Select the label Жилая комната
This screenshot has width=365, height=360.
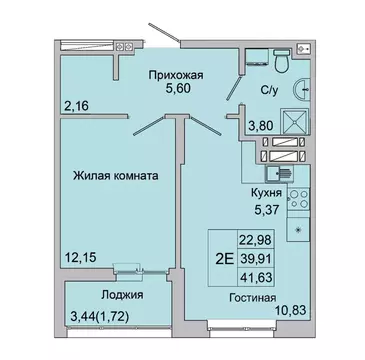click(112, 175)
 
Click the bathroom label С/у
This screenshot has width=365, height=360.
click(268, 88)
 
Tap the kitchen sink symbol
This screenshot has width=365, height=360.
click(281, 171)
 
